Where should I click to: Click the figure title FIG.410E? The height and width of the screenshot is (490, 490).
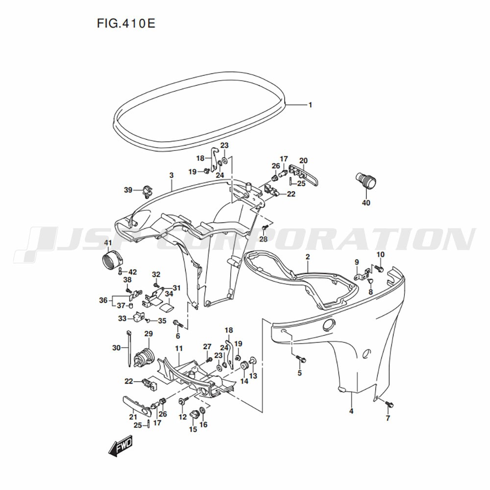(126, 24)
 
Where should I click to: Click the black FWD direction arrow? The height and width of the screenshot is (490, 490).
(121, 447)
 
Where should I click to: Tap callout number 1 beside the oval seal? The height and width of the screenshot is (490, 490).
(310, 105)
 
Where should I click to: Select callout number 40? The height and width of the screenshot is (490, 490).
(366, 203)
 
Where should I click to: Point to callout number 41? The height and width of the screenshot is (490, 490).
(108, 243)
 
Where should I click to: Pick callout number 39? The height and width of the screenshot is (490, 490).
(128, 190)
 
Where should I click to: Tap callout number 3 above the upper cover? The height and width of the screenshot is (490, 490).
(171, 175)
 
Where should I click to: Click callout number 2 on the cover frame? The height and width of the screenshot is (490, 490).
(308, 257)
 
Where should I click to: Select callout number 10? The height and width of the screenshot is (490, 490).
(380, 255)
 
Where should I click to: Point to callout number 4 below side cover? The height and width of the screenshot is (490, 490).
(351, 411)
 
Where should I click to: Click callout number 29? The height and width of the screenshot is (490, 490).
(148, 334)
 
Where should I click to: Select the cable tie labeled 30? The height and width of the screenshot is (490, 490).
(128, 348)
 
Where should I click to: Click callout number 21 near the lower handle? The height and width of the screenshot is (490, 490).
(133, 417)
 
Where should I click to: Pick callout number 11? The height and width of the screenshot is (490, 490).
(179, 348)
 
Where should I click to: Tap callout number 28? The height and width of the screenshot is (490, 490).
(264, 239)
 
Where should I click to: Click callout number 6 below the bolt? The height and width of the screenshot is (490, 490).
(178, 336)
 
